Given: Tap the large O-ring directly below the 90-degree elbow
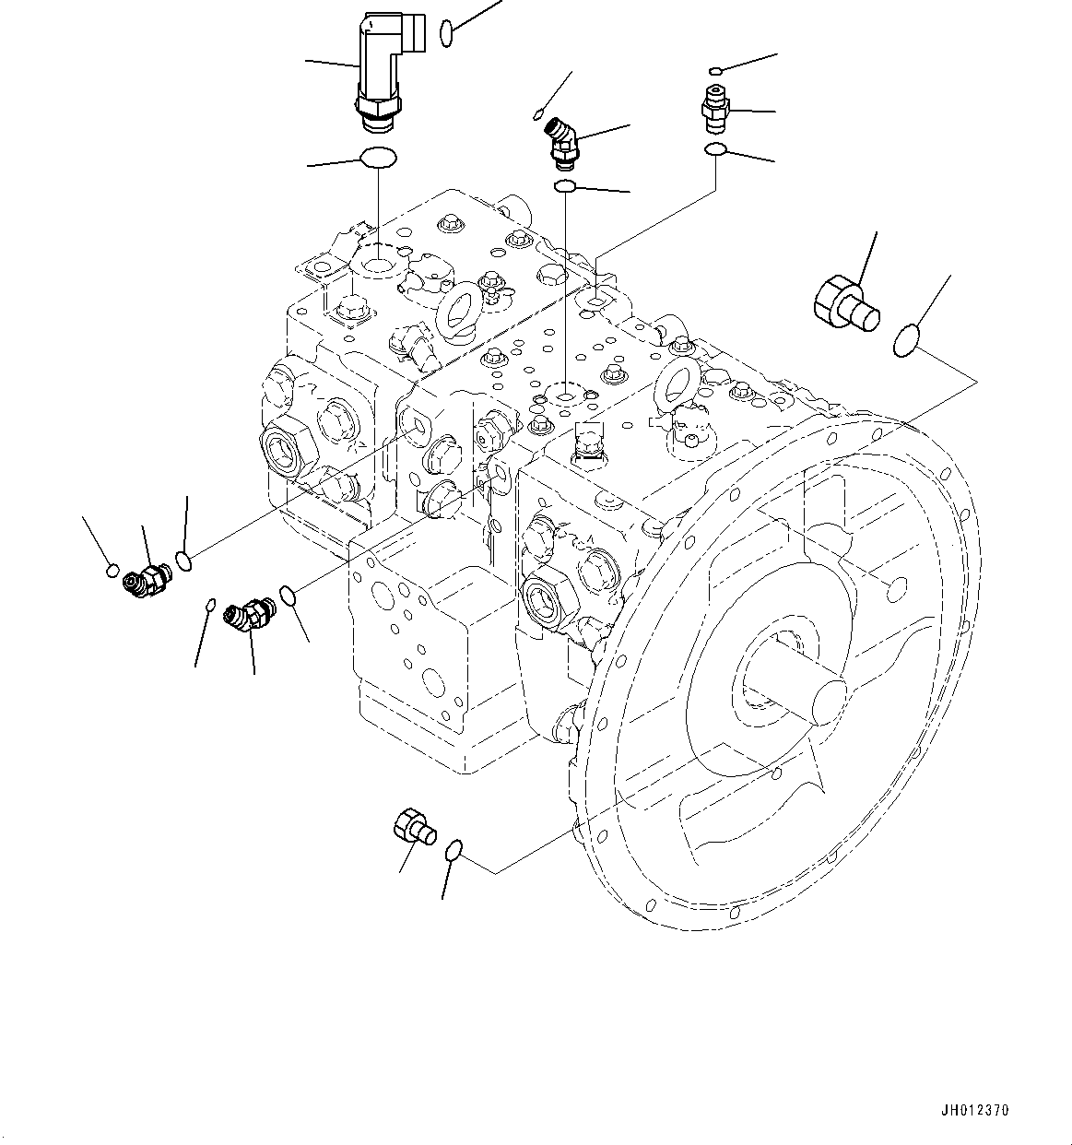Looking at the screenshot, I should tap(378, 159).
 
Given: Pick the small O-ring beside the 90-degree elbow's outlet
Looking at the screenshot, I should tap(447, 34).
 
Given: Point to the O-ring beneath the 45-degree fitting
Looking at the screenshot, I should tap(565, 188).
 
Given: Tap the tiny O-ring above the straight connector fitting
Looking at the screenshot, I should tap(716, 69).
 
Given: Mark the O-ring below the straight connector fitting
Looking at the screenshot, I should tap(715, 150).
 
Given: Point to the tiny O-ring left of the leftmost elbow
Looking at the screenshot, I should tap(112, 568).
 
